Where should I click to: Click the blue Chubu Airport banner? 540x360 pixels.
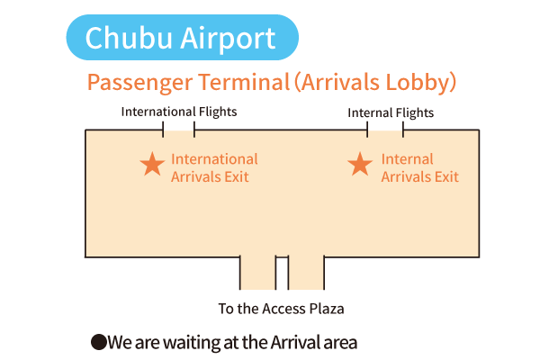pyautogui.click(x=182, y=37)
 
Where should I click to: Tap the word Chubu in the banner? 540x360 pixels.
pyautogui.click(x=129, y=38)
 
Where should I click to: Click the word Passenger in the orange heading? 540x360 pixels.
pyautogui.click(x=139, y=83)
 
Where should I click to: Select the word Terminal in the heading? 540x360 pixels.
pyautogui.click(x=244, y=82)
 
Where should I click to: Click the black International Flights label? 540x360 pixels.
pyautogui.click(x=179, y=112)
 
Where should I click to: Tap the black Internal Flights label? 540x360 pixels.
pyautogui.click(x=391, y=113)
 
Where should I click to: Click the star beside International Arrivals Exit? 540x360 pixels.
pyautogui.click(x=152, y=164)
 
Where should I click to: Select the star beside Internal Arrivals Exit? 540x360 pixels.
pyautogui.click(x=360, y=164)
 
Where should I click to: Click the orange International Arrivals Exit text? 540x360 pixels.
pyautogui.click(x=214, y=168)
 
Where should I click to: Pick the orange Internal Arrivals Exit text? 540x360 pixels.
pyautogui.click(x=419, y=168)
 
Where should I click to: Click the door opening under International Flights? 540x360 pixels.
pyautogui.click(x=178, y=130)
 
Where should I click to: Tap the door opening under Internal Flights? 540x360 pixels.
pyautogui.click(x=385, y=130)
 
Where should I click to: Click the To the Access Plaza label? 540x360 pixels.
pyautogui.click(x=282, y=309)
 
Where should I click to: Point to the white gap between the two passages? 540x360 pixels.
pyautogui.click(x=282, y=274)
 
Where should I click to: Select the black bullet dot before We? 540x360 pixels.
pyautogui.click(x=98, y=342)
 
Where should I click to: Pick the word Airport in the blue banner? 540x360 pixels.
pyautogui.click(x=228, y=39)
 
